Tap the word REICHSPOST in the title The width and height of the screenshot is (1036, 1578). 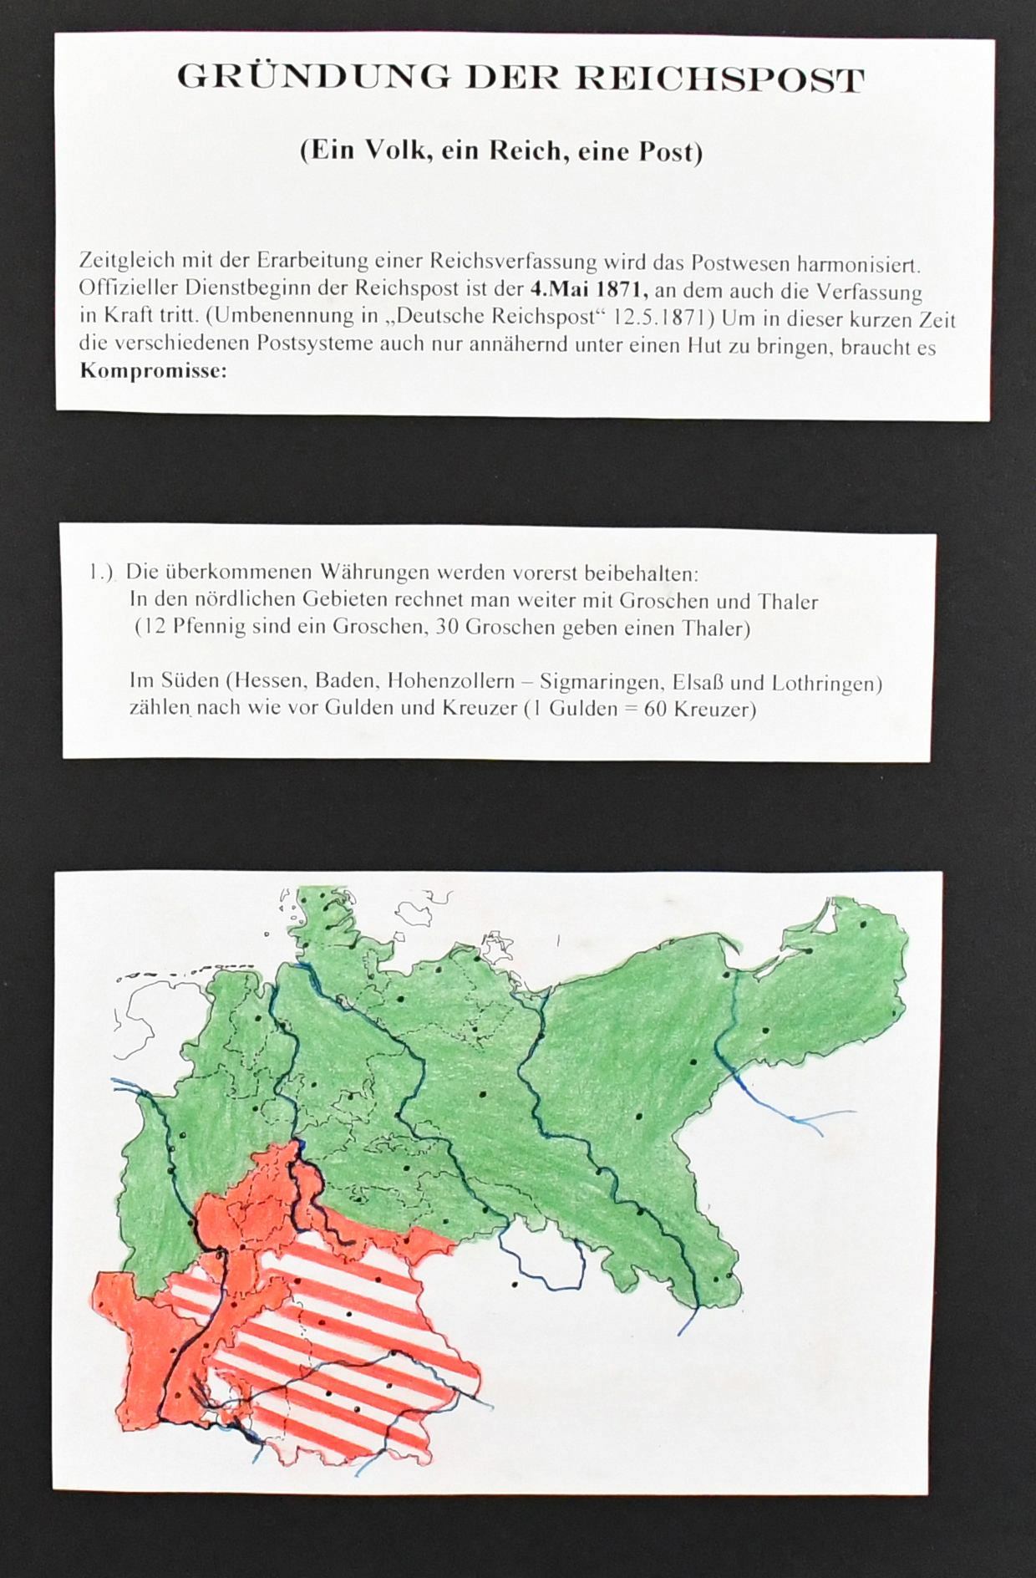(720, 79)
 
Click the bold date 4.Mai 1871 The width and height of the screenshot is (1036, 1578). (590, 290)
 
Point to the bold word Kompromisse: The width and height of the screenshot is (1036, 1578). (153, 370)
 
